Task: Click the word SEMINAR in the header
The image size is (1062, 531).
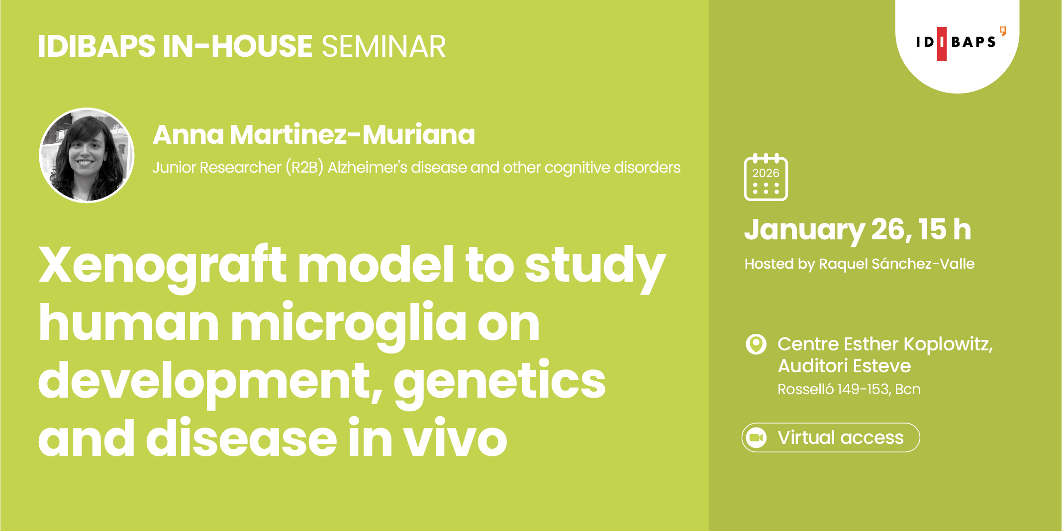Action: tap(384, 47)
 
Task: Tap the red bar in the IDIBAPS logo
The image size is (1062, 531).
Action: tap(941, 44)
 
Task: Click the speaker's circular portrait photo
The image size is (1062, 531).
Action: tap(87, 155)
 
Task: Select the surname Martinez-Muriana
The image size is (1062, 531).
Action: tap(352, 134)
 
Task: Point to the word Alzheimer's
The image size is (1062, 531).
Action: tap(367, 168)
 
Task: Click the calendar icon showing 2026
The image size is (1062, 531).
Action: tap(766, 178)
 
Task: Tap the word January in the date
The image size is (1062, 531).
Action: tap(804, 230)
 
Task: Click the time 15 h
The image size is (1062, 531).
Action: tap(944, 229)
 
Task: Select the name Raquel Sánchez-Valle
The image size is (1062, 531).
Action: tap(896, 264)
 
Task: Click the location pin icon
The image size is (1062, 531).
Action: tap(756, 344)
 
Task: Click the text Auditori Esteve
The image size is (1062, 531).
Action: tap(844, 366)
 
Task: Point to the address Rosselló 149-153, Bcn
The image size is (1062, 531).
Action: tap(849, 389)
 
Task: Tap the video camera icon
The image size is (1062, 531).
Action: tap(757, 437)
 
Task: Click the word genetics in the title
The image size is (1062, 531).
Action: tap(499, 381)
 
